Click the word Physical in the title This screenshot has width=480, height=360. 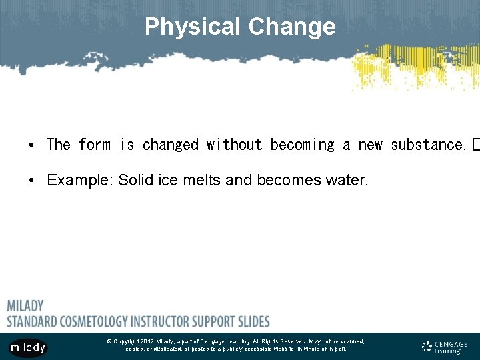tap(193, 27)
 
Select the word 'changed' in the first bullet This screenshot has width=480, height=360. tap(170, 145)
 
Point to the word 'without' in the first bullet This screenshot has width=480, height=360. tap(234, 145)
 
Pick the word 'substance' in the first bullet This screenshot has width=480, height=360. tap(427, 145)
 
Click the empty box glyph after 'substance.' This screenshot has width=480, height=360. tap(475, 145)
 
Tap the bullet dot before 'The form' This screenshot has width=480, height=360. tap(31, 145)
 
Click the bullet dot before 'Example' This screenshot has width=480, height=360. tap(31, 181)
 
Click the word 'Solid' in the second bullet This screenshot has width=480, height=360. tap(135, 180)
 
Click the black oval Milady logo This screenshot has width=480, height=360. tap(28, 347)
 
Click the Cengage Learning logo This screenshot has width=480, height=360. tap(445, 347)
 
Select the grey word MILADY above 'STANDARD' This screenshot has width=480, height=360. tap(25, 306)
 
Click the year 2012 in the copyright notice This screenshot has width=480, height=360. tap(147, 341)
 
